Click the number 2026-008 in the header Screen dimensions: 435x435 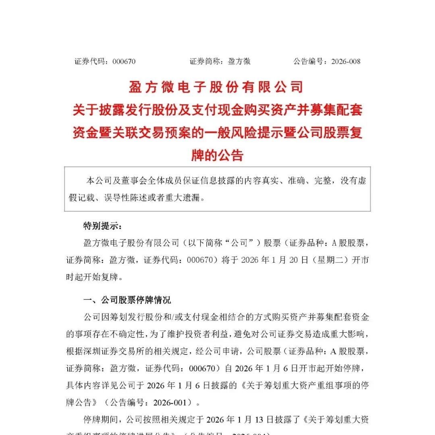tap(346, 62)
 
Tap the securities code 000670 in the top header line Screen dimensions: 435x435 tap(124, 62)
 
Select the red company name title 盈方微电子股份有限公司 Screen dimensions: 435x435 tap(215, 86)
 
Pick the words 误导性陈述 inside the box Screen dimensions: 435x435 tap(127, 198)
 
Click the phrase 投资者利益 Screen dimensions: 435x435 tap(211, 334)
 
